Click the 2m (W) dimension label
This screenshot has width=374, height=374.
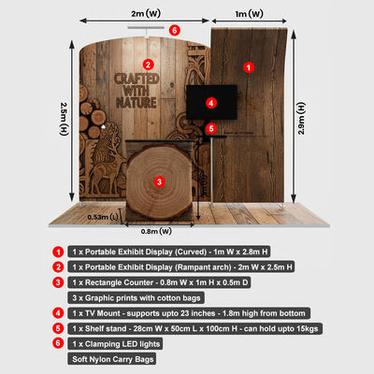142,13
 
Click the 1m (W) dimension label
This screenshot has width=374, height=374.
247,13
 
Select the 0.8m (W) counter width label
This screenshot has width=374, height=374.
157,231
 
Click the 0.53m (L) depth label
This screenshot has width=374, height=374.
102,217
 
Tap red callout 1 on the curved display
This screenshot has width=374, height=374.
249,66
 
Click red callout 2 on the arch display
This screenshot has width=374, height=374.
148,65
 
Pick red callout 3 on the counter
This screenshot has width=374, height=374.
160,180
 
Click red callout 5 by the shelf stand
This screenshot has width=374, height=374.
212,128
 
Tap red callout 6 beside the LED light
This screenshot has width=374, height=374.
176,30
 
